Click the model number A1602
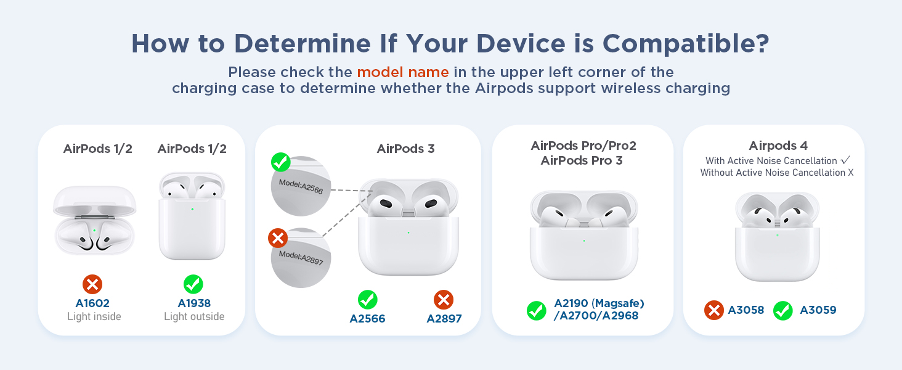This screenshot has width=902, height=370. click(x=92, y=303)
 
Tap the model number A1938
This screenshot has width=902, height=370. click(x=193, y=303)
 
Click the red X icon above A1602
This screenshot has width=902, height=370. click(x=92, y=284)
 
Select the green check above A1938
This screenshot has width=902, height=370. click(x=193, y=284)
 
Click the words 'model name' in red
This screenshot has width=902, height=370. click(x=403, y=72)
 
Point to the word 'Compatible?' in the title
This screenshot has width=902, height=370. click(x=686, y=43)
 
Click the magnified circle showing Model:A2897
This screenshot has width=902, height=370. click(x=300, y=257)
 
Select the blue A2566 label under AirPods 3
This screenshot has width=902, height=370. click(x=367, y=319)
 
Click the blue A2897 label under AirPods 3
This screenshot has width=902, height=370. click(x=444, y=319)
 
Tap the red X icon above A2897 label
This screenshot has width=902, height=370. click(x=444, y=300)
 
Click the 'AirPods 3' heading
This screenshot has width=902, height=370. click(x=405, y=149)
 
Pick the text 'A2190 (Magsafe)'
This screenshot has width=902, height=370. click(x=599, y=303)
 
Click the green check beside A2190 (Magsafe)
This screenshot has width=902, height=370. click(x=536, y=310)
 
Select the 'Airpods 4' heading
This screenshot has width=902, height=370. click(x=778, y=146)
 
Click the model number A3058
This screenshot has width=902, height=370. click(x=746, y=310)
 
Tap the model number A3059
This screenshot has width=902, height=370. click(x=818, y=310)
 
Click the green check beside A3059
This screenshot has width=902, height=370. click(x=783, y=310)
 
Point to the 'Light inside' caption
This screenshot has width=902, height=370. click(x=94, y=317)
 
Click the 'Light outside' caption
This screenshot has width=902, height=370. click(x=194, y=317)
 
